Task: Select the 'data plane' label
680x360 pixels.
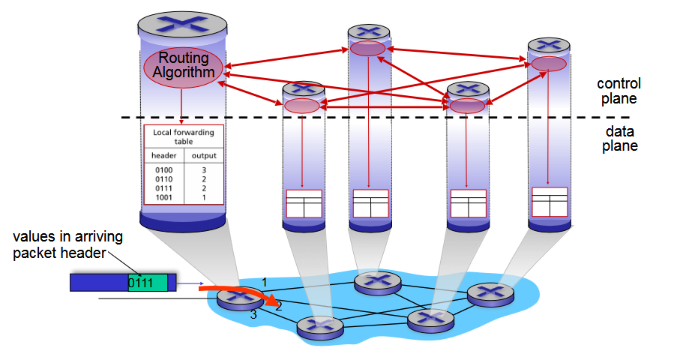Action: tap(619, 138)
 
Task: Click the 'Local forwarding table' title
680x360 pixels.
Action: tap(184, 136)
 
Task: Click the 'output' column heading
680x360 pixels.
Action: tap(204, 156)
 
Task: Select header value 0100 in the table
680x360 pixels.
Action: tap(163, 171)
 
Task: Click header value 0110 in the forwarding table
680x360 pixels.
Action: tap(163, 179)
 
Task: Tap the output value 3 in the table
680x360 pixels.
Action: tap(204, 171)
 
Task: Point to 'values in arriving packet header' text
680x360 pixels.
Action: tap(67, 244)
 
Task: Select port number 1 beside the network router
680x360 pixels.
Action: tap(263, 281)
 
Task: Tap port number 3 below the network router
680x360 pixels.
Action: tap(253, 315)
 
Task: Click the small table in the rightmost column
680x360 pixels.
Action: tap(550, 202)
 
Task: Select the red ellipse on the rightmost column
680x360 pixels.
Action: tap(549, 64)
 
